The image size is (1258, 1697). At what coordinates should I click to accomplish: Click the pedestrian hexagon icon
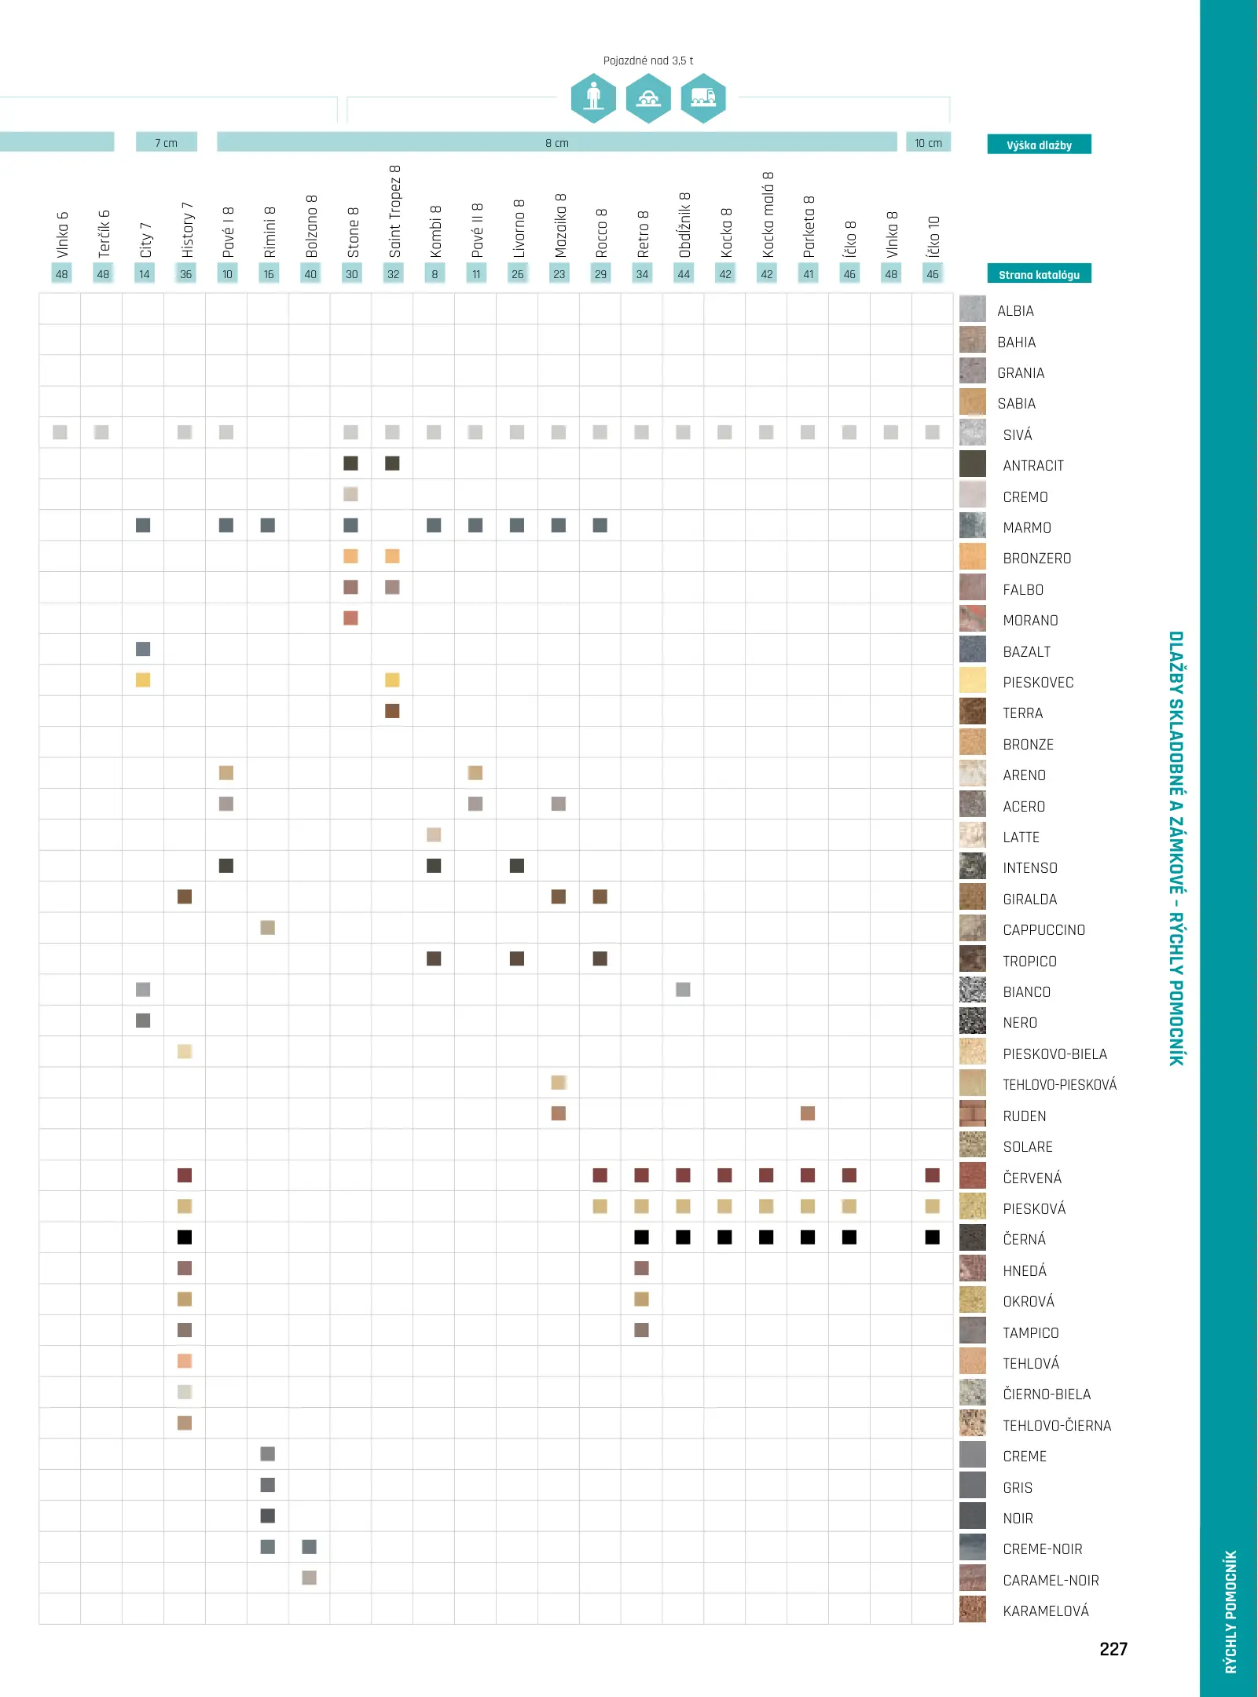[x=593, y=98]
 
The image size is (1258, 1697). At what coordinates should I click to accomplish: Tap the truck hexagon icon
[x=702, y=98]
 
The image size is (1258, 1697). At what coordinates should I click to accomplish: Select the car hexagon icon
[x=648, y=98]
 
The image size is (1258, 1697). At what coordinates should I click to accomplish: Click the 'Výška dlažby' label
[x=1039, y=145]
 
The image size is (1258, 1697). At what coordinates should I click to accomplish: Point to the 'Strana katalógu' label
[x=1039, y=274]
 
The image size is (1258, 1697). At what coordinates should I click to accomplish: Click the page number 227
[x=1113, y=1649]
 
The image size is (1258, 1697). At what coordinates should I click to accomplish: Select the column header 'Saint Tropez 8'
[x=394, y=211]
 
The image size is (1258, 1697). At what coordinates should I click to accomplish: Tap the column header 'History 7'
[x=187, y=229]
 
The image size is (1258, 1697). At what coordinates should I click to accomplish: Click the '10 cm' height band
[x=928, y=142]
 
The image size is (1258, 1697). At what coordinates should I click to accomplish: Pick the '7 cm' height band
[x=166, y=142]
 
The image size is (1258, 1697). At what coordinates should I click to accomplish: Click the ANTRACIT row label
[x=1032, y=466]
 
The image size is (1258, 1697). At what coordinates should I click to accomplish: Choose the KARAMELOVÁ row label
[x=1045, y=1611]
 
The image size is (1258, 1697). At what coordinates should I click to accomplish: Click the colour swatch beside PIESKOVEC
[x=973, y=680]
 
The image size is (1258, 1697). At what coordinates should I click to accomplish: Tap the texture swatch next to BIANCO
[x=973, y=990]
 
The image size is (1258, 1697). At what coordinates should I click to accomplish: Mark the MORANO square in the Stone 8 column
[x=350, y=618]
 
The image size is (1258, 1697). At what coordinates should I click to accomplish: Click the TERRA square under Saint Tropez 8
[x=392, y=711]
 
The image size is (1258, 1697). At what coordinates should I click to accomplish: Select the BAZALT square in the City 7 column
[x=143, y=649]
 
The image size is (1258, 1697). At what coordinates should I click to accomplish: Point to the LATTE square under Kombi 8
[x=434, y=834]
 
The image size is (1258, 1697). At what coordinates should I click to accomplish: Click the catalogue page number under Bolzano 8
[x=310, y=274]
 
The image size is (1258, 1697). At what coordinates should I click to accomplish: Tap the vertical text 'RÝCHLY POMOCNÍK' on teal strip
[x=1230, y=1611]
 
